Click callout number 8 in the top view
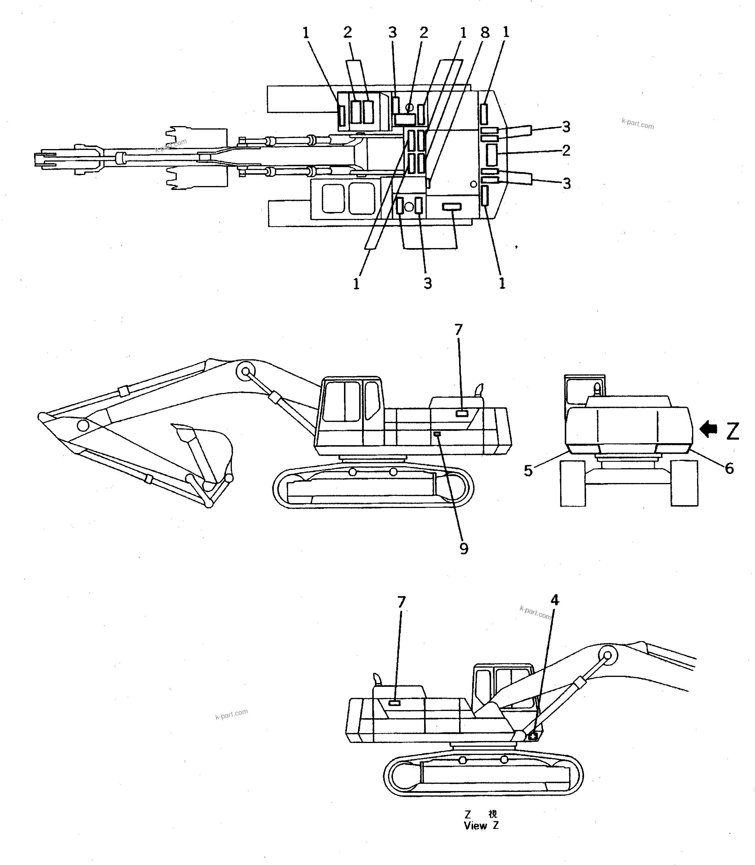(x=485, y=32)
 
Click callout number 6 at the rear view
(x=729, y=468)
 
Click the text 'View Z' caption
(x=481, y=825)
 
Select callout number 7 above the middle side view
(x=458, y=330)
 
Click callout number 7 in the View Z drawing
(x=401, y=602)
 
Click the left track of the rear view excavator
(x=573, y=483)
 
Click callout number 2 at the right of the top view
(x=566, y=150)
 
